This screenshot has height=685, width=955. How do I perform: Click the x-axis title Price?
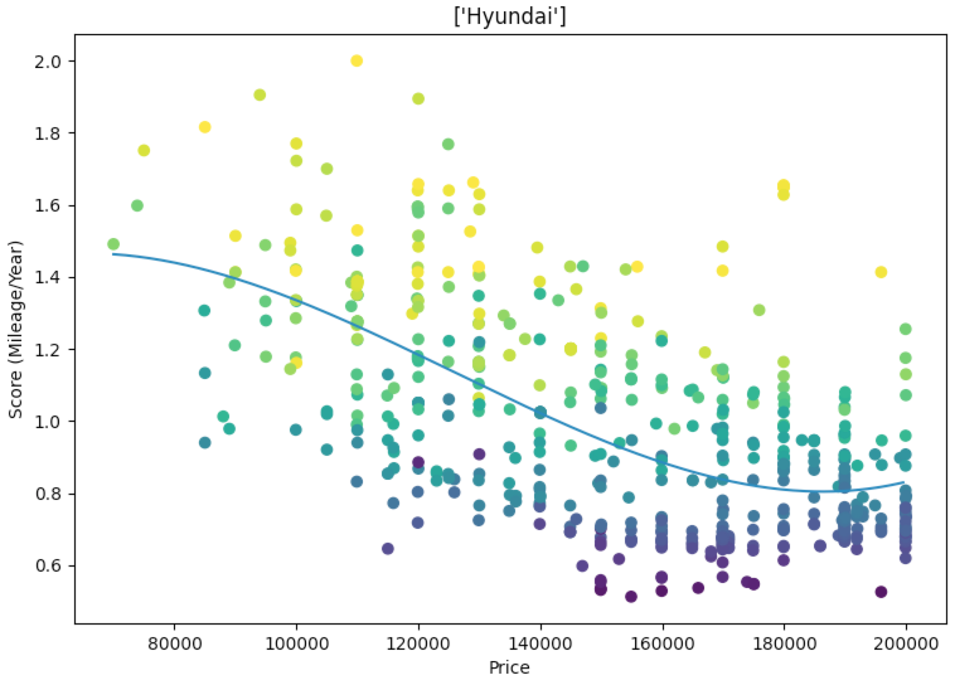click(x=509, y=667)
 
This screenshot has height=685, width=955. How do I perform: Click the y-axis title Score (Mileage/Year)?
click(x=16, y=329)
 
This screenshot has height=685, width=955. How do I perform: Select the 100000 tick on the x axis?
click(x=296, y=645)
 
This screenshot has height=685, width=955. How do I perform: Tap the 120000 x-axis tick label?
click(x=418, y=645)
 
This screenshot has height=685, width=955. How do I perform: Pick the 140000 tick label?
click(x=540, y=645)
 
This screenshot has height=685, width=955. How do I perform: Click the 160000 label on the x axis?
click(x=662, y=645)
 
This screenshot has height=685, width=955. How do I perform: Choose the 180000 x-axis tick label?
click(x=784, y=645)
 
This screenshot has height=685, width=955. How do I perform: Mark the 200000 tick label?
click(x=906, y=645)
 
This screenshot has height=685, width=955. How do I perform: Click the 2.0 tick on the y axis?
click(x=52, y=62)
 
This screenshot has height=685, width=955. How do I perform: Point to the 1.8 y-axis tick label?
click(x=52, y=133)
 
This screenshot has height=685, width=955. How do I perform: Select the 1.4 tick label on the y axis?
click(x=52, y=278)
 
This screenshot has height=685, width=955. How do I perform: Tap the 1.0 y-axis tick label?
click(x=52, y=421)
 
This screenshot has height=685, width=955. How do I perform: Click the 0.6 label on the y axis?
click(x=52, y=565)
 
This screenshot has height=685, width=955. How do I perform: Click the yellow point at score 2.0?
click(x=357, y=61)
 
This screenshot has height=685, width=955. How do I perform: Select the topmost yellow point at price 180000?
click(x=784, y=185)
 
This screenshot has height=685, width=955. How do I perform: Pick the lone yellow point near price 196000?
click(x=881, y=272)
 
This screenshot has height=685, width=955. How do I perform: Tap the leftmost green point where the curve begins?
click(x=113, y=244)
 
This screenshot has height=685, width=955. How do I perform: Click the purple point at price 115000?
click(x=387, y=548)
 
